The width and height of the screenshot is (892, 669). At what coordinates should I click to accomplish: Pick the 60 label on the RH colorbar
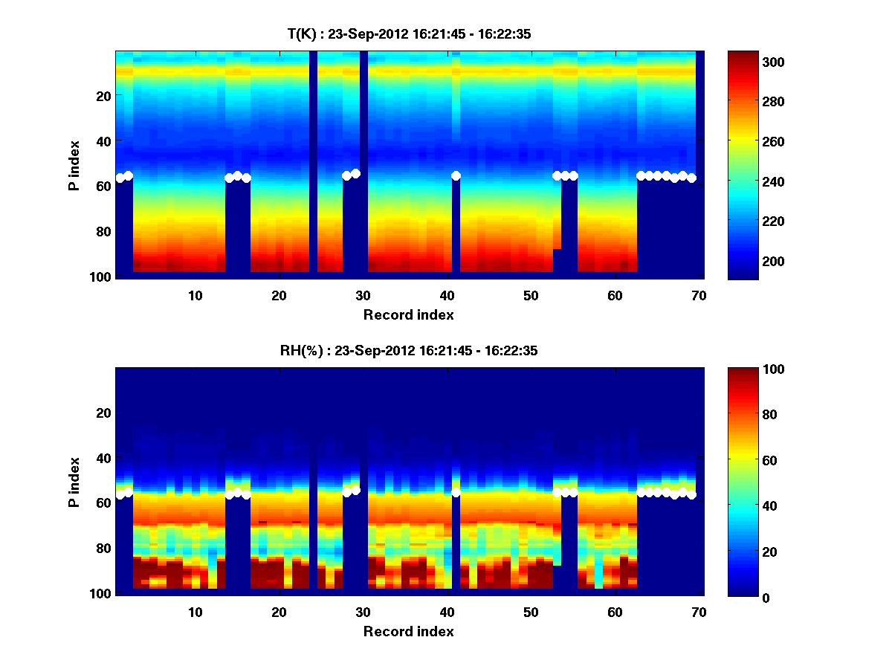[x=746, y=461]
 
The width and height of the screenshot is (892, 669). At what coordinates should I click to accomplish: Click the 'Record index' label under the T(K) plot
[x=408, y=314]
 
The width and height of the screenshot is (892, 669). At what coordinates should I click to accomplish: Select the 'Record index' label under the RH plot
[x=408, y=631]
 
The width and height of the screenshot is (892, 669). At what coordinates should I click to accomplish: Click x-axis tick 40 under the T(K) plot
[x=447, y=295]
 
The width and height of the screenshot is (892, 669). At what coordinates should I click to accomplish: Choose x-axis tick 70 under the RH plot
[x=699, y=612]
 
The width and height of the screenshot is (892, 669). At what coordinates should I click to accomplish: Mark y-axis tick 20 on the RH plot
[x=103, y=413]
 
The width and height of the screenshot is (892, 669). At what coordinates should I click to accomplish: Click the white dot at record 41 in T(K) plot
[x=456, y=175]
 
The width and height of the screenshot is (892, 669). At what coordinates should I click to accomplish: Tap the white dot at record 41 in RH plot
[x=456, y=492]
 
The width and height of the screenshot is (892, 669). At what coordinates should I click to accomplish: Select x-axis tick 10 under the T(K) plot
[x=195, y=295]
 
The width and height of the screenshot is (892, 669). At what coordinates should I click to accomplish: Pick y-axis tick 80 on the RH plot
[x=103, y=549]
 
